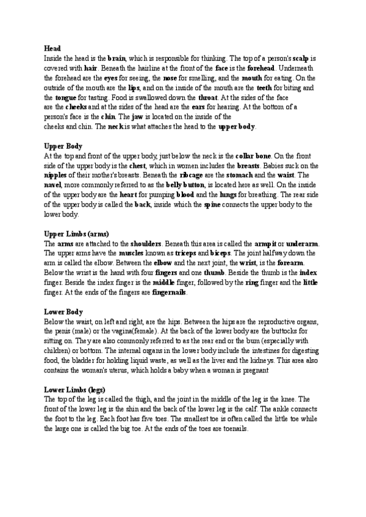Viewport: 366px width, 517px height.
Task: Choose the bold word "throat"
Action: point(208,98)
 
